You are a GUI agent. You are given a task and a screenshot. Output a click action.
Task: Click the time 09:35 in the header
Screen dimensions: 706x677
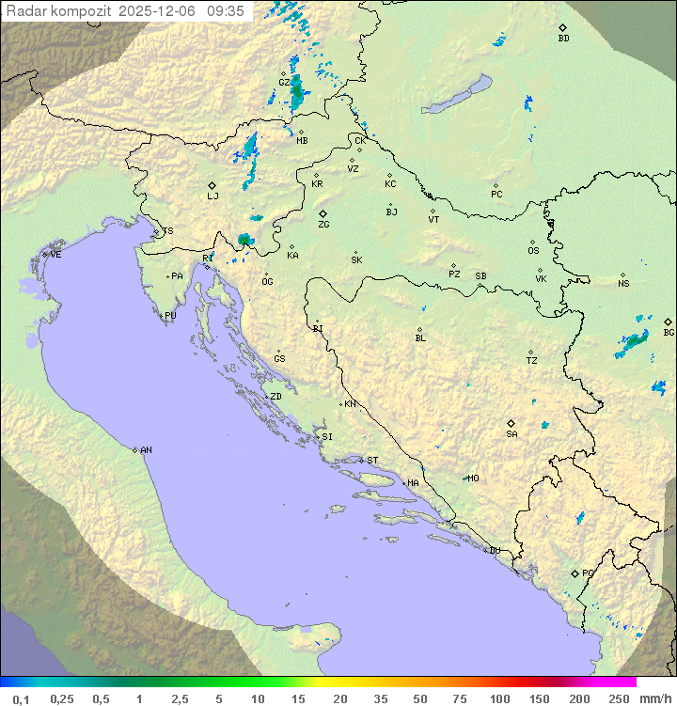coord(226,11)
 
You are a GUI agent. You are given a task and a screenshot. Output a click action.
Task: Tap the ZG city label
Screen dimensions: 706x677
coord(323,225)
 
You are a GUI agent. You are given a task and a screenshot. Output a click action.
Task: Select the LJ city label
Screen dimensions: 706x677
coord(213,196)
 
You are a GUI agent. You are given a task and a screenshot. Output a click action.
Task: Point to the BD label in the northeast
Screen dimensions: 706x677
coord(563,39)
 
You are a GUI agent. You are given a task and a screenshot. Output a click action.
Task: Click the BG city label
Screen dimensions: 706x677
coord(669,332)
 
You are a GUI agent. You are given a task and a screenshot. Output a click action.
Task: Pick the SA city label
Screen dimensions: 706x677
coord(512,433)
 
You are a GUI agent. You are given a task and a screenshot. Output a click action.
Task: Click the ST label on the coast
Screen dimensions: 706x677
coord(372,461)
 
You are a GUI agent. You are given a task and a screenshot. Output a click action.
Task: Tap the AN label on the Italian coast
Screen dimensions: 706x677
coord(146,450)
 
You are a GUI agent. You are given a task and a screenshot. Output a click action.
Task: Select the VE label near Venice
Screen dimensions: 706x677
coord(55,255)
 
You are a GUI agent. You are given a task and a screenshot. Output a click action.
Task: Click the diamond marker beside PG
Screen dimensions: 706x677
coord(575,573)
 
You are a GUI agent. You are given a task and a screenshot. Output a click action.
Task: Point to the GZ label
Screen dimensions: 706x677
coord(284,83)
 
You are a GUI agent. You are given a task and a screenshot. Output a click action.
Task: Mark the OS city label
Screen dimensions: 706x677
coord(533,251)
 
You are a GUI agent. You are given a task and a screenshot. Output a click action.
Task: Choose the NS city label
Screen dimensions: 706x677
coord(623,284)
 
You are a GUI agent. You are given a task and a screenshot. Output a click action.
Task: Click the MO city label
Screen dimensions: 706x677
coord(474,479)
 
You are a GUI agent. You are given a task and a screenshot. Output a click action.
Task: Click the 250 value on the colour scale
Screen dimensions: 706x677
coord(618,698)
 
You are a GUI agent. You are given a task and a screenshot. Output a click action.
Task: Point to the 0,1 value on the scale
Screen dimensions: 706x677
coord(21,698)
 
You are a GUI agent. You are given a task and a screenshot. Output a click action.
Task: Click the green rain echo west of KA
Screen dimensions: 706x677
coord(245,241)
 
